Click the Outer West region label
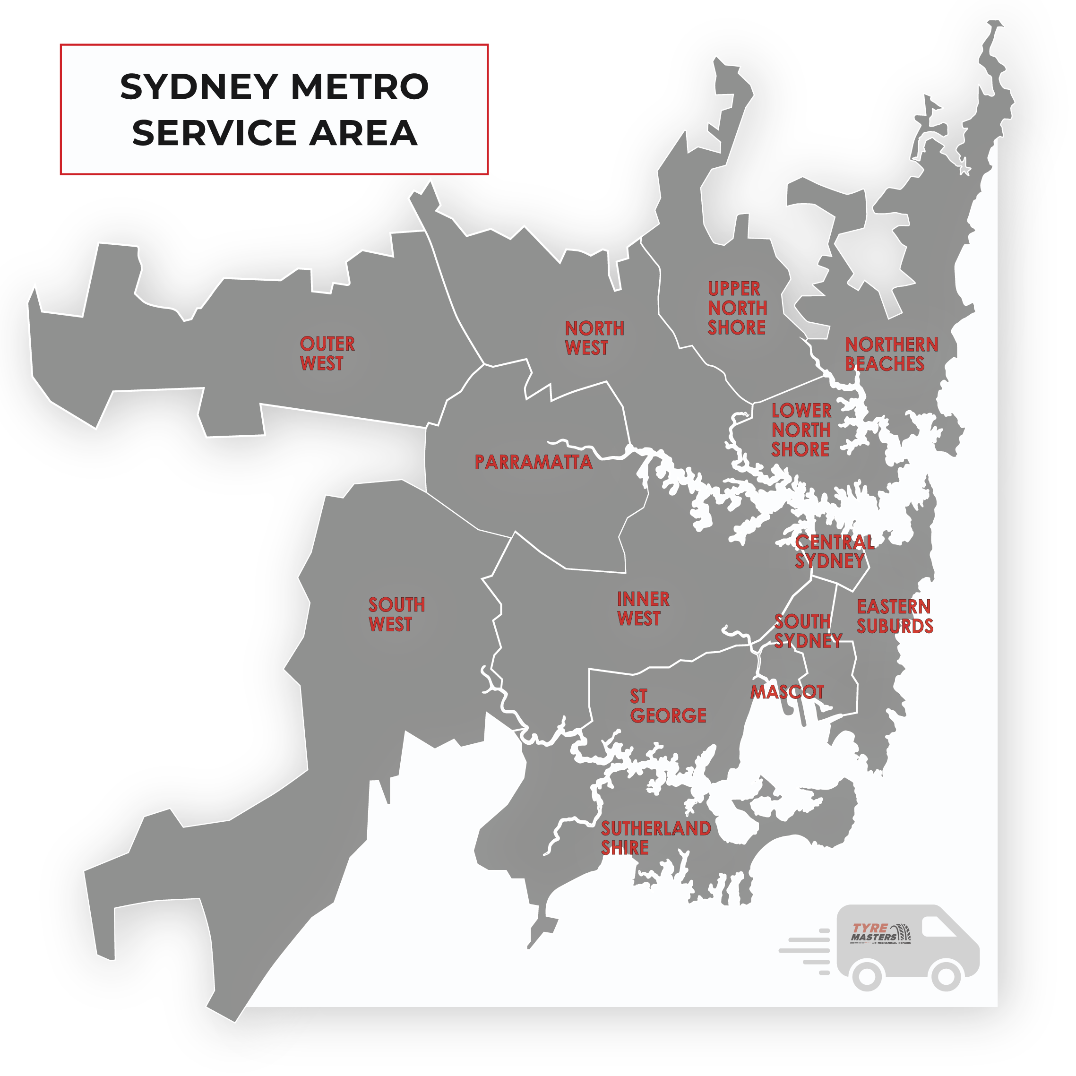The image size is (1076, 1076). click(x=327, y=353)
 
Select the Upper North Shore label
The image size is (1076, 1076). click(x=737, y=308)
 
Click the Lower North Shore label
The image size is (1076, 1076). click(x=801, y=430)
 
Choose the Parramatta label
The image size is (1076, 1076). click(x=533, y=462)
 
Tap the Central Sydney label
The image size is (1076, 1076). click(x=834, y=551)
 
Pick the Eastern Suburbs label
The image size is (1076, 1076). click(x=895, y=616)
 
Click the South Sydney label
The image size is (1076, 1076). click(x=808, y=631)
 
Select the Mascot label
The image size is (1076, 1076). click(x=787, y=692)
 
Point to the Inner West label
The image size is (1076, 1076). click(x=643, y=609)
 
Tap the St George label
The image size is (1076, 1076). click(x=668, y=706)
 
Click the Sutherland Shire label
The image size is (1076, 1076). click(x=655, y=838)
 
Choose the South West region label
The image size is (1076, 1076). click(x=396, y=614)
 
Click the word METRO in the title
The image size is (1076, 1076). click(x=359, y=87)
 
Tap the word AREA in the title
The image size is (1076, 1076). click(x=363, y=133)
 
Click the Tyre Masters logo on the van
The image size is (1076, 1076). click(x=880, y=933)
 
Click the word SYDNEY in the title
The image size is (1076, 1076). click(x=199, y=87)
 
